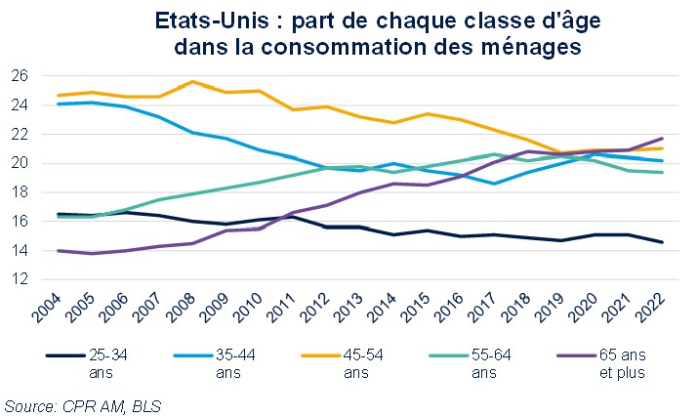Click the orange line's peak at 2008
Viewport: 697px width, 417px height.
tap(193, 81)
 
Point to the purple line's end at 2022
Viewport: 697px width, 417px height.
tap(664, 138)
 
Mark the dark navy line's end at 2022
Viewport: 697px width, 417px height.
tap(664, 242)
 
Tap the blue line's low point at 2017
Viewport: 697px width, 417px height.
tap(496, 184)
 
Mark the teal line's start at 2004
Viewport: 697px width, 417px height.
tap(59, 217)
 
